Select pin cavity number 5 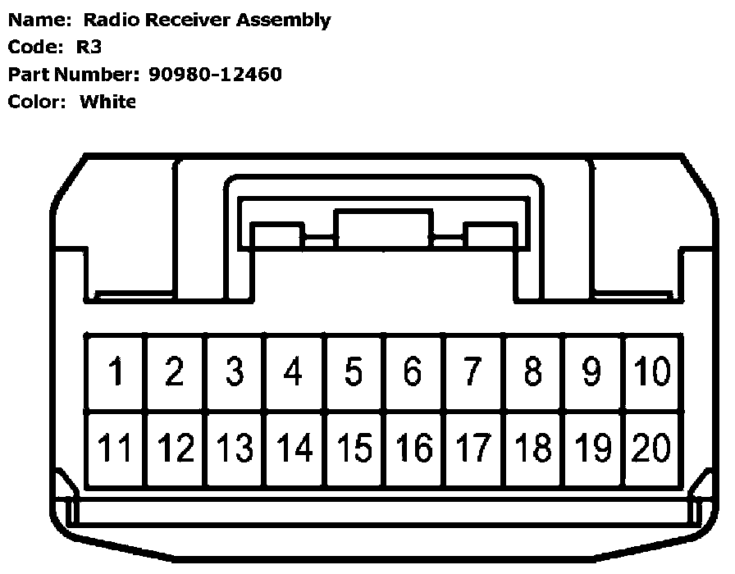click(354, 371)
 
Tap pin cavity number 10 click(653, 371)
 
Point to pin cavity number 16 click(413, 449)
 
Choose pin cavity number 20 click(653, 449)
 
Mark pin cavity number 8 click(533, 371)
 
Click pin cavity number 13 click(235, 449)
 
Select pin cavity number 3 click(235, 371)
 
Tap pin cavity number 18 click(533, 449)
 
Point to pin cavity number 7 click(473, 371)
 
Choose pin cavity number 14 click(294, 449)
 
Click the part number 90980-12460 click(215, 75)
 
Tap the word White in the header click(107, 102)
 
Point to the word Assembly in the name click(284, 20)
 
